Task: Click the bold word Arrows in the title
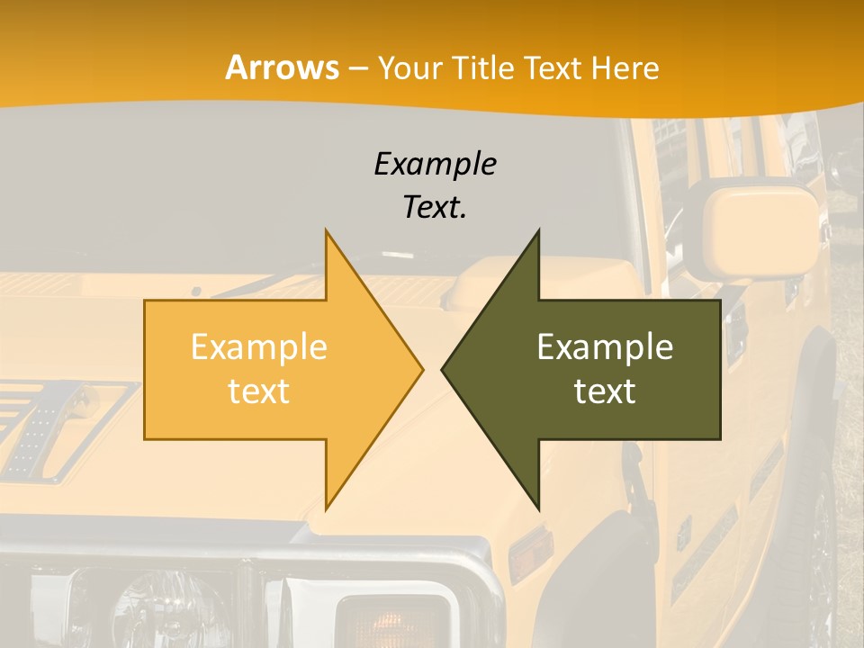pyautogui.click(x=283, y=67)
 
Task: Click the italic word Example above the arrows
pyautogui.click(x=435, y=165)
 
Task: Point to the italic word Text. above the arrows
pyautogui.click(x=435, y=208)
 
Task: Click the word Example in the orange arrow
pyautogui.click(x=259, y=346)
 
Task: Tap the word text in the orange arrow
pyautogui.click(x=259, y=391)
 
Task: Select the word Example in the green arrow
pyautogui.click(x=605, y=346)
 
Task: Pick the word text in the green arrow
pyautogui.click(x=605, y=391)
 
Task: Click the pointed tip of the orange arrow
pyautogui.click(x=421, y=369)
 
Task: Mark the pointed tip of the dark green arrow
pyautogui.click(x=444, y=369)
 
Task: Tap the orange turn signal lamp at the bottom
pyautogui.click(x=393, y=621)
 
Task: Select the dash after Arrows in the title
pyautogui.click(x=357, y=67)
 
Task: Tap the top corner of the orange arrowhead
pyautogui.click(x=326, y=230)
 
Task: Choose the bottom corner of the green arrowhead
pyautogui.click(x=538, y=509)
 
